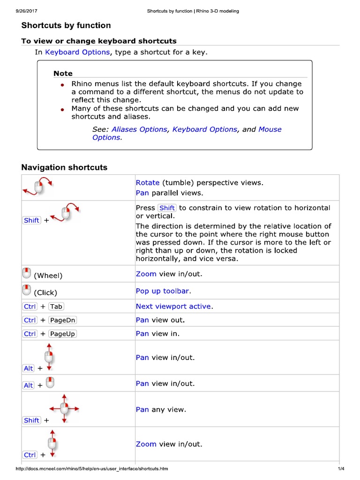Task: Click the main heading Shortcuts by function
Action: pos(66,25)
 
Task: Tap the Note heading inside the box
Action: pos(63,73)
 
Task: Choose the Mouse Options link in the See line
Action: pos(270,129)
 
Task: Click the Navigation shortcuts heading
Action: pos(64,167)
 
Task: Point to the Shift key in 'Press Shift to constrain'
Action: pos(167,208)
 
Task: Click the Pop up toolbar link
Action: pos(162,291)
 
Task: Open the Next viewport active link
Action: pos(173,306)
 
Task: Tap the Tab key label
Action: pos(56,307)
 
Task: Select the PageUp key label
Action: pos(62,334)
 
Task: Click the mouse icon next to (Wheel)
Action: pos(27,273)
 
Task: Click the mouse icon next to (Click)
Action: pos(27,290)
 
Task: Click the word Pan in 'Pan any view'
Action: pos(142,409)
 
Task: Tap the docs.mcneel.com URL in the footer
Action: pos(92,469)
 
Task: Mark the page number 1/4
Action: pos(341,469)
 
